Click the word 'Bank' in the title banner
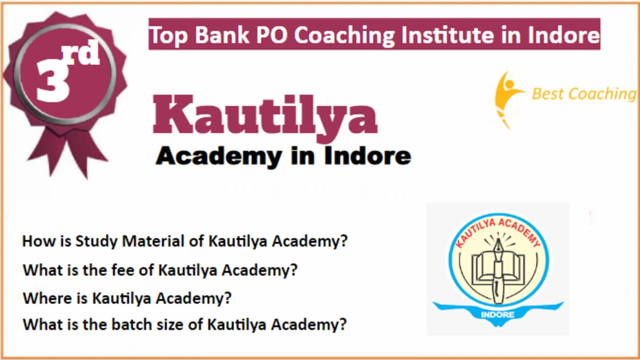222,35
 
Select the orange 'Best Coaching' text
584,94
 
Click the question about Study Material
185,241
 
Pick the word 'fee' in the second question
122,270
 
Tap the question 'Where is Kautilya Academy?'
127,298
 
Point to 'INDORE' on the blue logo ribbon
498,314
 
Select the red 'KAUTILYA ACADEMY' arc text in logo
498,232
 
